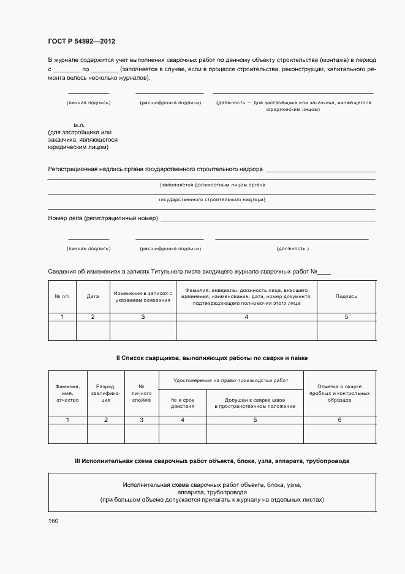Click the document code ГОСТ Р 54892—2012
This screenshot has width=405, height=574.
(x=81, y=42)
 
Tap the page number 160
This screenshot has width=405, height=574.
(x=53, y=521)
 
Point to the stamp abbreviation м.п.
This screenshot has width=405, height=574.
(x=79, y=124)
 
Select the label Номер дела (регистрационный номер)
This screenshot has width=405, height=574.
(x=103, y=218)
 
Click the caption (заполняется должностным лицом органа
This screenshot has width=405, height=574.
(x=212, y=185)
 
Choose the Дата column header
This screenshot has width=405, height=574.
(x=93, y=296)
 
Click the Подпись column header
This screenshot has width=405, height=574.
(x=346, y=296)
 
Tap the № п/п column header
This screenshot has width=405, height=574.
(x=62, y=296)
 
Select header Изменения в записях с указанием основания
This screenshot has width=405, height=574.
(x=143, y=296)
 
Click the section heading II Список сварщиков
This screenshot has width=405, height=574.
(x=212, y=357)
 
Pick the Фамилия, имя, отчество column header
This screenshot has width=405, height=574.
(x=67, y=392)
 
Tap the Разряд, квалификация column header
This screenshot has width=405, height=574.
(x=105, y=392)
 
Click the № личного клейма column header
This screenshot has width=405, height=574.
(x=142, y=392)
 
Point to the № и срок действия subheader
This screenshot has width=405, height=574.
(x=182, y=402)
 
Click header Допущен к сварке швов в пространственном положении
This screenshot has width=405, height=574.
(x=254, y=402)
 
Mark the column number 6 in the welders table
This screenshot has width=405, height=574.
(x=339, y=419)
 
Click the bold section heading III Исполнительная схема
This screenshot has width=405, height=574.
(x=212, y=460)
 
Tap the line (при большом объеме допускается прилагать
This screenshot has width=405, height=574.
(x=212, y=500)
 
